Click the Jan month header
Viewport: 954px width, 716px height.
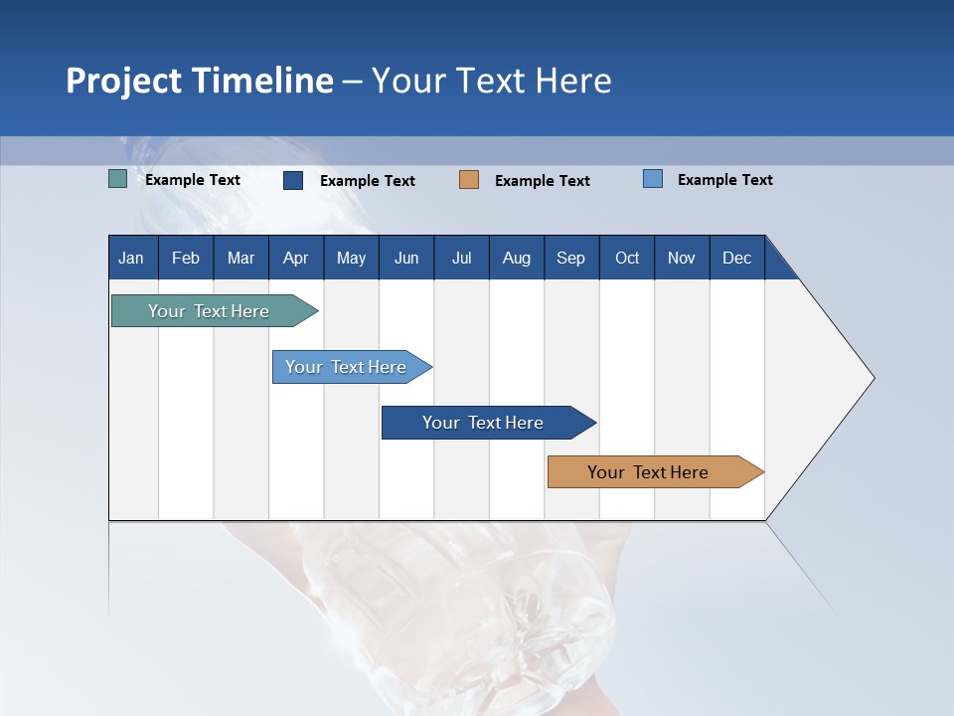click(131, 258)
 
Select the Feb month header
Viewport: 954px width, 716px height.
click(186, 258)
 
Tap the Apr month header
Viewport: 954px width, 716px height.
click(296, 258)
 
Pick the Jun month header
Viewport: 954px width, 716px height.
click(406, 258)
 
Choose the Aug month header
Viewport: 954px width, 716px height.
click(517, 258)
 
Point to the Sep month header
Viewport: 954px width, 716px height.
click(571, 258)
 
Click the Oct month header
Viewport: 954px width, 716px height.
click(627, 258)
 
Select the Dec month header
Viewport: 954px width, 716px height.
click(737, 258)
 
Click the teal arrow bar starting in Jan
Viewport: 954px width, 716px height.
click(209, 311)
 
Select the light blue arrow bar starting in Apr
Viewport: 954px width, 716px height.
click(346, 367)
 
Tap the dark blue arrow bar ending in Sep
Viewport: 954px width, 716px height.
click(483, 423)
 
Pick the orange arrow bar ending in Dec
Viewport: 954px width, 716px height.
click(648, 472)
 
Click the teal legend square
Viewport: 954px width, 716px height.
click(117, 180)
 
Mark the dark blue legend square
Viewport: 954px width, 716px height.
click(293, 180)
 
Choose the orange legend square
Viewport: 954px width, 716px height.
click(469, 180)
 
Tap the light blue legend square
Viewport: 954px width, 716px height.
click(653, 179)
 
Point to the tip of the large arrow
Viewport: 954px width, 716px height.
click(872, 378)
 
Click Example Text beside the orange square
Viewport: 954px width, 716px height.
click(543, 181)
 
